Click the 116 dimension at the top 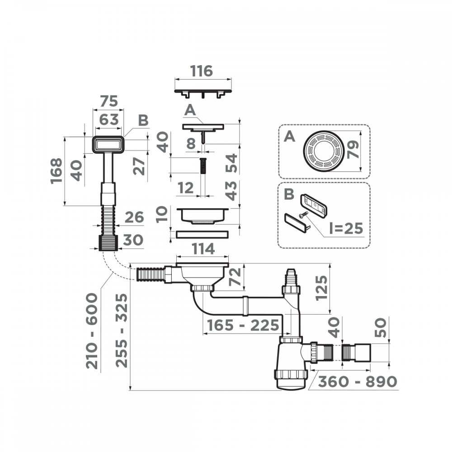coord(201,71)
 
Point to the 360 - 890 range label coord(357,381)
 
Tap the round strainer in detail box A coord(323,151)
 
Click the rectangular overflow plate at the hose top coord(108,145)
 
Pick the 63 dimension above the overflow coord(108,119)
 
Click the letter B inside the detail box coord(289,195)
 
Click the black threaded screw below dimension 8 coord(203,165)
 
